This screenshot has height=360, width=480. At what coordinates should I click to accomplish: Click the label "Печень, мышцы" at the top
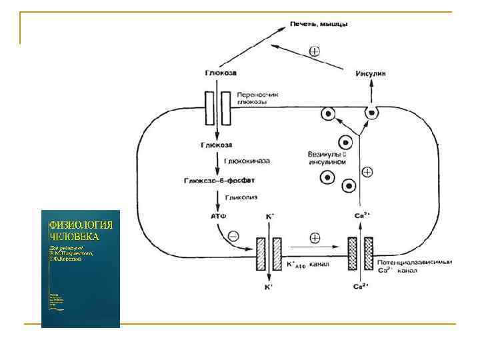click(x=319, y=24)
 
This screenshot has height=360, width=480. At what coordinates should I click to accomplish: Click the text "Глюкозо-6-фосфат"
click(x=219, y=180)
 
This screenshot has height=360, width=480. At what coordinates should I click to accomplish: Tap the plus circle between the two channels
click(x=315, y=237)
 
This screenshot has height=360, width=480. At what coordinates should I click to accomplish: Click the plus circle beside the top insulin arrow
click(x=315, y=51)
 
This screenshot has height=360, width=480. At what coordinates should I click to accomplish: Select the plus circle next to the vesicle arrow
click(x=367, y=172)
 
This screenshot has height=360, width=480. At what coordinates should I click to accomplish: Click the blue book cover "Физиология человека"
click(x=81, y=269)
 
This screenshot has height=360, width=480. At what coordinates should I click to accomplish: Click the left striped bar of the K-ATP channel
click(x=261, y=254)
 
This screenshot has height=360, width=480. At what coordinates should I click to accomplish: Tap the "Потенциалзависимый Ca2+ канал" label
click(x=413, y=266)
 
